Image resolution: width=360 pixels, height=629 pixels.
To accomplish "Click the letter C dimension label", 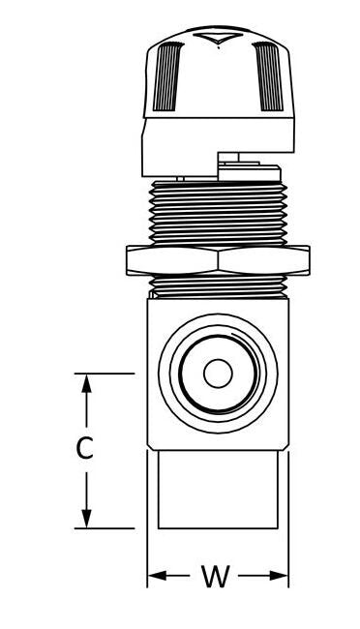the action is pyautogui.click(x=85, y=448).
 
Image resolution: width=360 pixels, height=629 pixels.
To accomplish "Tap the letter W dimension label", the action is pyautogui.click(x=215, y=577).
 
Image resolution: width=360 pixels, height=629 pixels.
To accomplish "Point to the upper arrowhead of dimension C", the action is pyautogui.click(x=86, y=383).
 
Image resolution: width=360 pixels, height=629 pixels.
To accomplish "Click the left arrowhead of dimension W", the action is pyautogui.click(x=156, y=577).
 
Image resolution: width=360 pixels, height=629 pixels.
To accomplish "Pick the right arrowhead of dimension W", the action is pyautogui.click(x=280, y=577).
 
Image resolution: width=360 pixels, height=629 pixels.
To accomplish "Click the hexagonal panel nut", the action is pyautogui.click(x=218, y=260).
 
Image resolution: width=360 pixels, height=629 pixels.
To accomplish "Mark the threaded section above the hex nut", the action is pyautogui.click(x=218, y=213).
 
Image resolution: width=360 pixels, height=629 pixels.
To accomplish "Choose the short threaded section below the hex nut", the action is pyautogui.click(x=218, y=285).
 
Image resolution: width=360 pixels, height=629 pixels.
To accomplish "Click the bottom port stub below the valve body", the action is pyautogui.click(x=219, y=489).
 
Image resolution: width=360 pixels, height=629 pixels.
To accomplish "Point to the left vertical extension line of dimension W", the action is pyautogui.click(x=147, y=552).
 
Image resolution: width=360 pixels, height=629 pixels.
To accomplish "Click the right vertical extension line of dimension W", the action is pyautogui.click(x=288, y=552).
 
